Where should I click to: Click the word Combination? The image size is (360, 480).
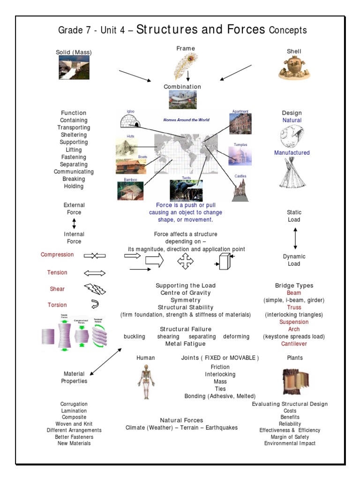182,87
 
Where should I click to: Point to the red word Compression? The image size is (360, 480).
57,255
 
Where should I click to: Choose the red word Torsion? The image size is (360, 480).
57,305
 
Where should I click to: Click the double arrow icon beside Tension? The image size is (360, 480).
95,273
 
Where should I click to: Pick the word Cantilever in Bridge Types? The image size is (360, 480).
294,344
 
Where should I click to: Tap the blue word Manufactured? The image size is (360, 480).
292,153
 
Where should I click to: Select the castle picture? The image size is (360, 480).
240,190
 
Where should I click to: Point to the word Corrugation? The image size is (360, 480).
74,404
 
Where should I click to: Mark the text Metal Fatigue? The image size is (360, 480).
185,344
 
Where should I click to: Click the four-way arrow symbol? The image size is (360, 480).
185,261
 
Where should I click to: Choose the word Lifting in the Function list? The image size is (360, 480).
74,150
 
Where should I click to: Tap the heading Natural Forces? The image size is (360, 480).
181,420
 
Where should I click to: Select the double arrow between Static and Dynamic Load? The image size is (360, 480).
295,238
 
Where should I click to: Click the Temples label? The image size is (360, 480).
240,145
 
